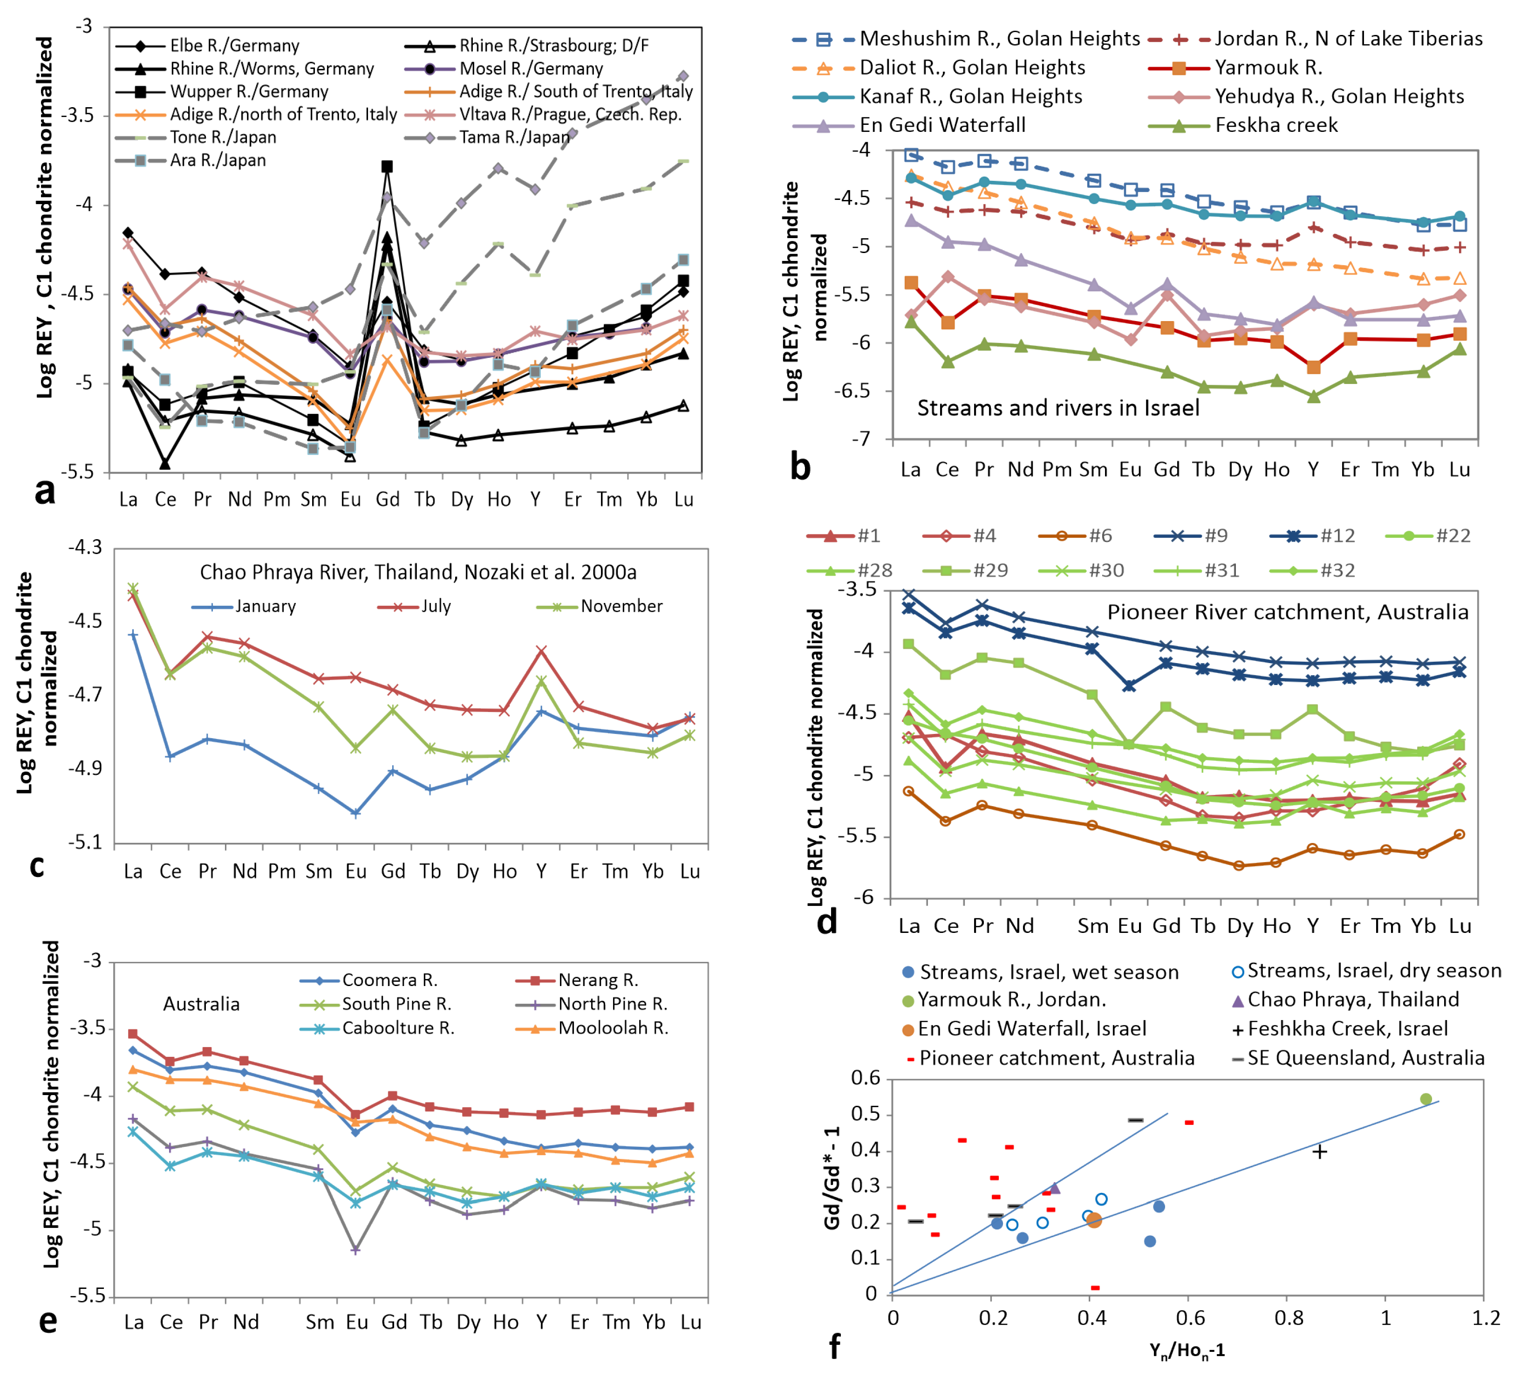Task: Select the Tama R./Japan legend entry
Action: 514,137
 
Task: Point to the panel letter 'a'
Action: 45,492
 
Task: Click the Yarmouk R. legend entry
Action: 1268,68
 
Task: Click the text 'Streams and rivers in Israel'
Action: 1057,408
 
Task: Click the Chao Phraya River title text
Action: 417,572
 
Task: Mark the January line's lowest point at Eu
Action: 355,813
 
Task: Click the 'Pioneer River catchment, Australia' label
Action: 1287,612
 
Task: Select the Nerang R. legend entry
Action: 598,980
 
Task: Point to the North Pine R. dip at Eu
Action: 355,1250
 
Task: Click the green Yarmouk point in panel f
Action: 1426,1099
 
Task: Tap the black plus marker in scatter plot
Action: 1319,1151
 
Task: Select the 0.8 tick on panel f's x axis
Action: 1288,1318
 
